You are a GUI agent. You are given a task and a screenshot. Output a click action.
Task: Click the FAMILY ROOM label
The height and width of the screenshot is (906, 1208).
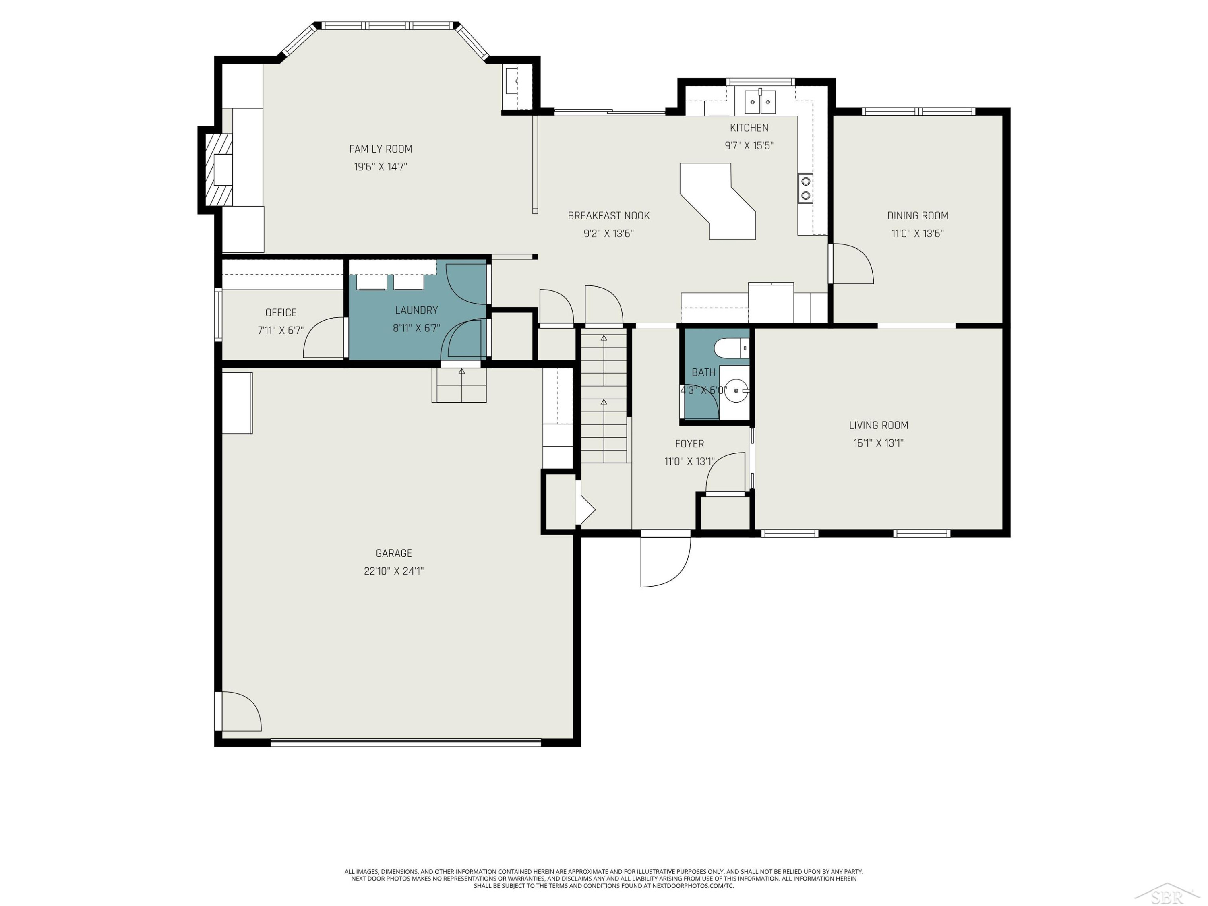[x=381, y=149]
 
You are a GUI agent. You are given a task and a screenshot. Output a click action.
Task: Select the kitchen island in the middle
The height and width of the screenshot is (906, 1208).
[x=718, y=201]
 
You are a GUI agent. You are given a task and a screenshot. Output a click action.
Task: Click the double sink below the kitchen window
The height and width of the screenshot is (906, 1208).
[x=760, y=101]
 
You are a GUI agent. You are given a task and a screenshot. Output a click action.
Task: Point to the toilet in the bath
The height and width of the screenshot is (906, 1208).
[x=731, y=348]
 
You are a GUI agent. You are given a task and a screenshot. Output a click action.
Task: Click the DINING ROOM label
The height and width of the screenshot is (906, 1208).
[x=917, y=216]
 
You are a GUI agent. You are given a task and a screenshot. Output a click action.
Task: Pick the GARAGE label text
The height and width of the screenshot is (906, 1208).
[x=394, y=553]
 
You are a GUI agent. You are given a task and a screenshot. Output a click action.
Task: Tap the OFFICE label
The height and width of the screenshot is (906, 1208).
[x=281, y=312]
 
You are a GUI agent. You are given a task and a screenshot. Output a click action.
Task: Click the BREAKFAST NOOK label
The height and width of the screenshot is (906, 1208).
[x=608, y=216]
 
